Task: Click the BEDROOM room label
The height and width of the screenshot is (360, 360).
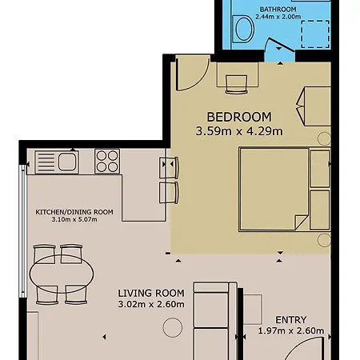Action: pyautogui.click(x=239, y=117)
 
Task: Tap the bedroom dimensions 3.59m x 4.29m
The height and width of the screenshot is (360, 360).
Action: pyautogui.click(x=239, y=131)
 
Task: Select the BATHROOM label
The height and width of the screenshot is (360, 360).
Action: pyautogui.click(x=278, y=10)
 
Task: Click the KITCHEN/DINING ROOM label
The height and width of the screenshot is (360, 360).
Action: pyautogui.click(x=74, y=212)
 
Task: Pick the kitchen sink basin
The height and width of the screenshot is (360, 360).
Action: pyautogui.click(x=66, y=162)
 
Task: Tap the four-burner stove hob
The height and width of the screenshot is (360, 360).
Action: pyautogui.click(x=107, y=162)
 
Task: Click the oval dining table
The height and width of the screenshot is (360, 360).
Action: pyautogui.click(x=62, y=274)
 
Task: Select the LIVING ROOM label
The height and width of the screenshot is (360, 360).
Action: pyautogui.click(x=151, y=293)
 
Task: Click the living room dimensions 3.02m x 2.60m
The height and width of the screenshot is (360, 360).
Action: pyautogui.click(x=151, y=304)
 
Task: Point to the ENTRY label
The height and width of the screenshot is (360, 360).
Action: pyautogui.click(x=291, y=319)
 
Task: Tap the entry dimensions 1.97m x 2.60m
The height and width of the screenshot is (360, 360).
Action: pyautogui.click(x=291, y=330)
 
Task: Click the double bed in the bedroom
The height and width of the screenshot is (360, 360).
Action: pyautogui.click(x=285, y=189)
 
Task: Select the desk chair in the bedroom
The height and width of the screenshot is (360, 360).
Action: pyautogui.click(x=236, y=84)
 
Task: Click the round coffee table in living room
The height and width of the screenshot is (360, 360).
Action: pyautogui.click(x=173, y=327)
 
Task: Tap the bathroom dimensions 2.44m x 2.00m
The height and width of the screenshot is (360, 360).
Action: pyautogui.click(x=278, y=17)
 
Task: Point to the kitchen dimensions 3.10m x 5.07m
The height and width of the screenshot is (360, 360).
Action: pyautogui.click(x=74, y=220)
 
